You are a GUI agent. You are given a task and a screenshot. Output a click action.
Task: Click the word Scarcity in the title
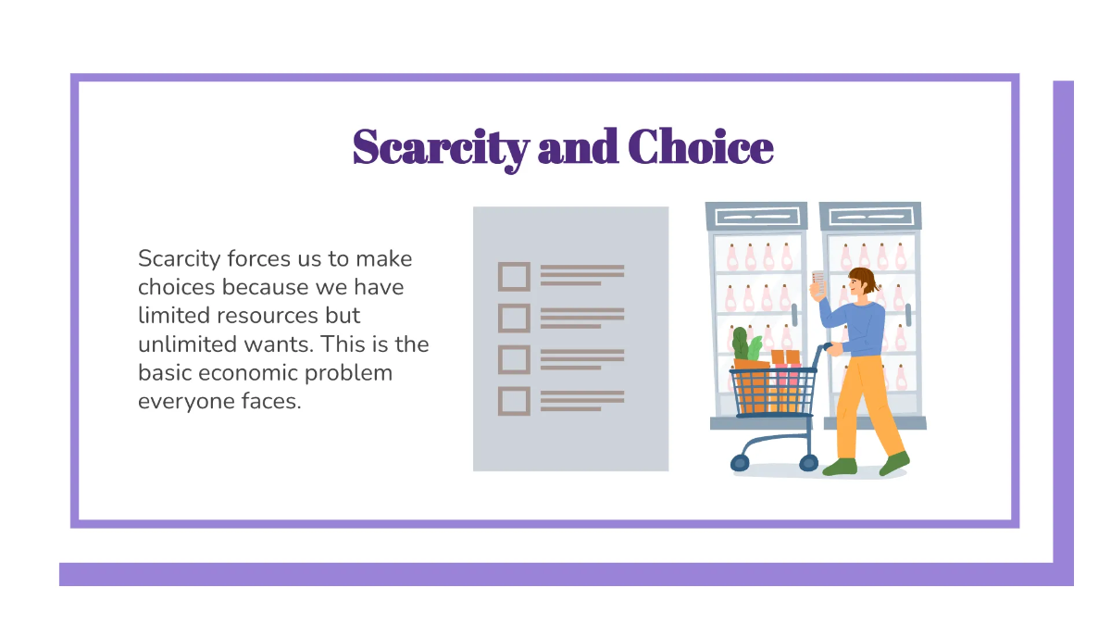tap(441, 148)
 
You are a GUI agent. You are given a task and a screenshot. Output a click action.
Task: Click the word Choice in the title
tap(700, 148)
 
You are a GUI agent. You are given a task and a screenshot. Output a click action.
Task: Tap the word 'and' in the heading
tap(577, 148)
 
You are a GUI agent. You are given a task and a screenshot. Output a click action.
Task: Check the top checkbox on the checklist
tap(514, 277)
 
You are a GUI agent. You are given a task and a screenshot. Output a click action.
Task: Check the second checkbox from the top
tap(514, 319)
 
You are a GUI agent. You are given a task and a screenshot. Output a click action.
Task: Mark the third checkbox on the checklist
tap(514, 359)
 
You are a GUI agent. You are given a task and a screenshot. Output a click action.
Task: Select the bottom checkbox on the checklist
tap(514, 401)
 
